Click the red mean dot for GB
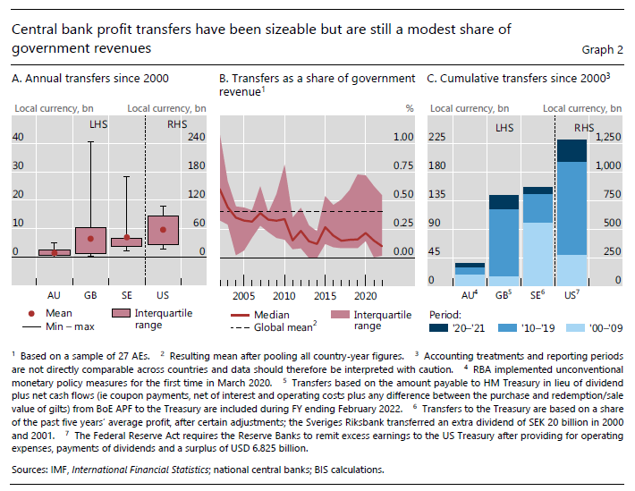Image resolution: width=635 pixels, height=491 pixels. click(x=90, y=239)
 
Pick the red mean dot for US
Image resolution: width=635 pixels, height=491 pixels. click(x=163, y=230)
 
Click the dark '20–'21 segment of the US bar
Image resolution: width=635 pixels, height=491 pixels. click(x=571, y=150)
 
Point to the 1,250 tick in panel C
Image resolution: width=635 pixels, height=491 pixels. click(x=608, y=137)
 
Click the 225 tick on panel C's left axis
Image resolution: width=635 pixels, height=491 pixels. click(x=438, y=137)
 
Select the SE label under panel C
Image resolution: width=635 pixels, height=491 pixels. click(x=537, y=294)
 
